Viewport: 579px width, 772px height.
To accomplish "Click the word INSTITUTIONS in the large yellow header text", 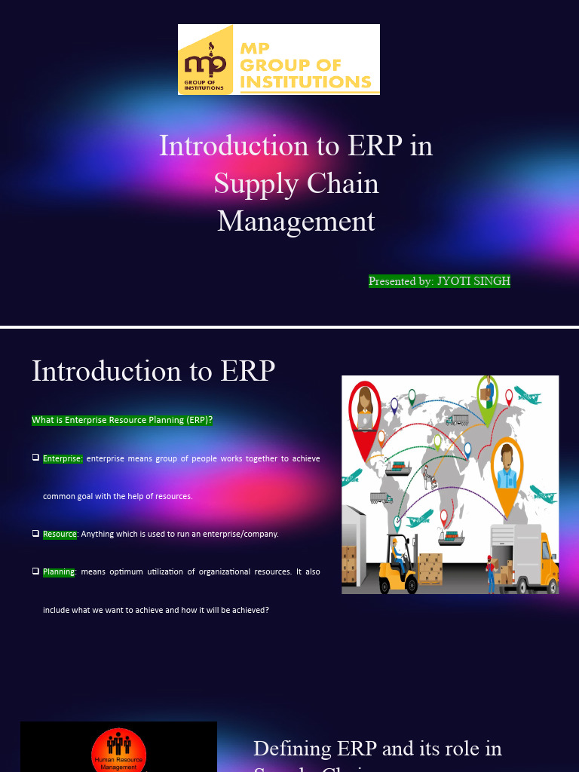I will pyautogui.click(x=306, y=81).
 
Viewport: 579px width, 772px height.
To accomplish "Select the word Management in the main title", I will pyautogui.click(x=296, y=221).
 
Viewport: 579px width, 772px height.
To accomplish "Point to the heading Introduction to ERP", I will pyautogui.click(x=153, y=370).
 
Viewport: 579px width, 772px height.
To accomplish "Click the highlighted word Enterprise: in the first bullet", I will pyautogui.click(x=63, y=458).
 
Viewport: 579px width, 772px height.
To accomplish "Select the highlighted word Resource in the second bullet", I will pyautogui.click(x=60, y=534).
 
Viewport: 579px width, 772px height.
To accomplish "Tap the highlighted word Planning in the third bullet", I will pyautogui.click(x=59, y=571).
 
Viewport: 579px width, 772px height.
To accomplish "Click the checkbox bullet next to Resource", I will pyautogui.click(x=35, y=533).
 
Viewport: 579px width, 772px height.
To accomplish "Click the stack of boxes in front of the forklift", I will pyautogui.click(x=430, y=567).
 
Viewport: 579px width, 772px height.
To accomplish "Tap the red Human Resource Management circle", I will pyautogui.click(x=118, y=749).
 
